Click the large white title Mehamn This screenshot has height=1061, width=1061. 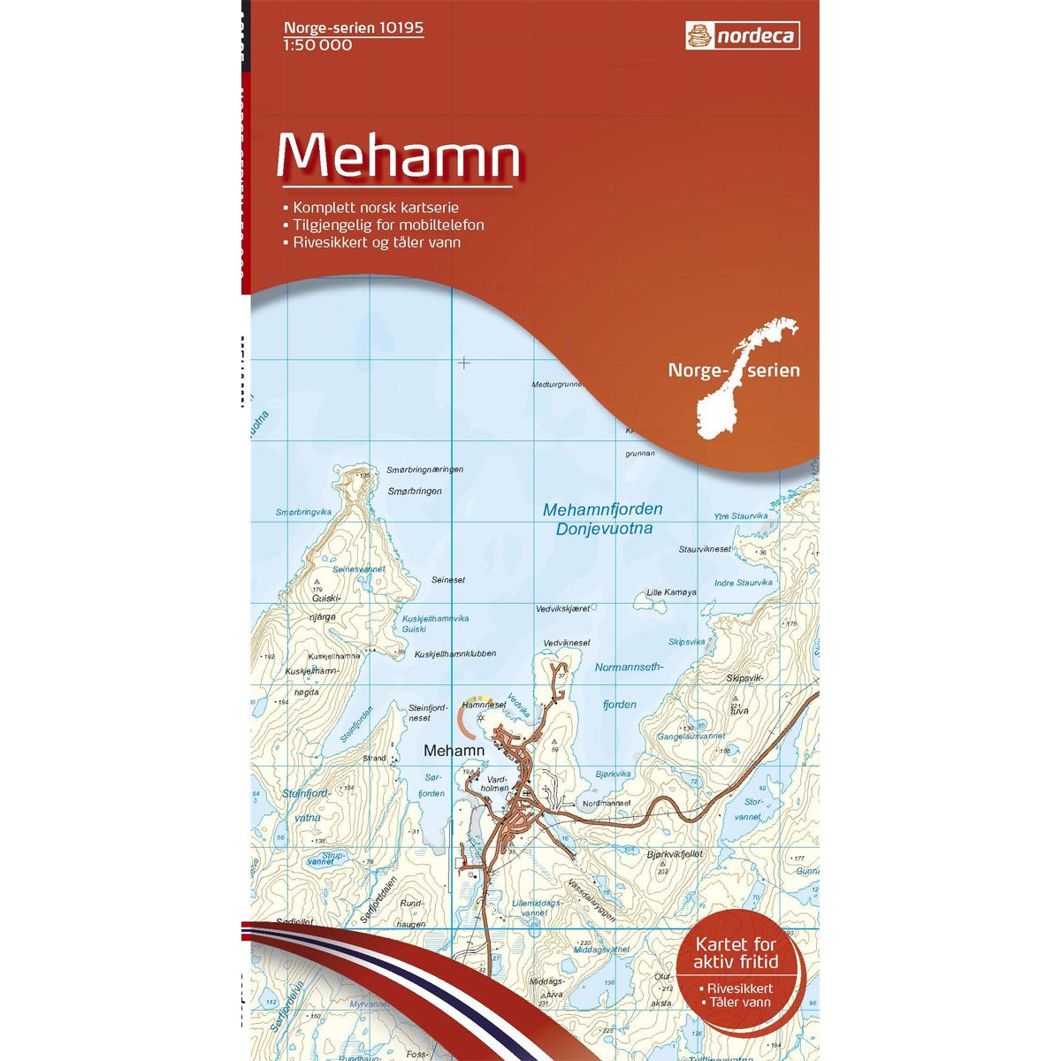(397, 156)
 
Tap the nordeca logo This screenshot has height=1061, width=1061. (743, 37)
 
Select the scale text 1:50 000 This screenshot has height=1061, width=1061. (318, 45)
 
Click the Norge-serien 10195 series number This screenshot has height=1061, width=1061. (354, 28)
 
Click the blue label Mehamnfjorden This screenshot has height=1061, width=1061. (602, 510)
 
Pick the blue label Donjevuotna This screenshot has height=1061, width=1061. (605, 530)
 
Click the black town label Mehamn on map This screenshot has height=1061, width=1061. (454, 751)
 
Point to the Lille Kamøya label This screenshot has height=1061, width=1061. (672, 592)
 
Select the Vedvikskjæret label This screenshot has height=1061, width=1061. (562, 608)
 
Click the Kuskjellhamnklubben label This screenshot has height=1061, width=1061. (455, 653)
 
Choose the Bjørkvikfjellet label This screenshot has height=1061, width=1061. (675, 855)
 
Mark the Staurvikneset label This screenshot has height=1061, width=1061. (706, 549)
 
